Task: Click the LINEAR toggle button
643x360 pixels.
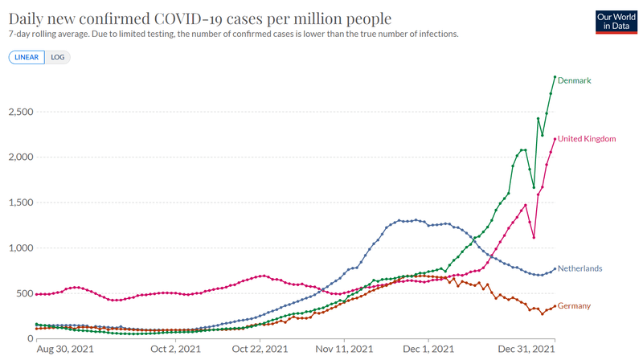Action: click(x=27, y=57)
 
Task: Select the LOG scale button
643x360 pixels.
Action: click(x=58, y=57)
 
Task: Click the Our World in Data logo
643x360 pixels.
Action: click(x=616, y=22)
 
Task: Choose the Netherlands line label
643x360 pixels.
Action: click(x=580, y=268)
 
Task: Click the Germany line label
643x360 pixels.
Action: click(x=574, y=306)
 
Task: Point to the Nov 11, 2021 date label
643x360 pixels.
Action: click(x=344, y=350)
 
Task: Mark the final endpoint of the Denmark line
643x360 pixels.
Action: click(x=555, y=77)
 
